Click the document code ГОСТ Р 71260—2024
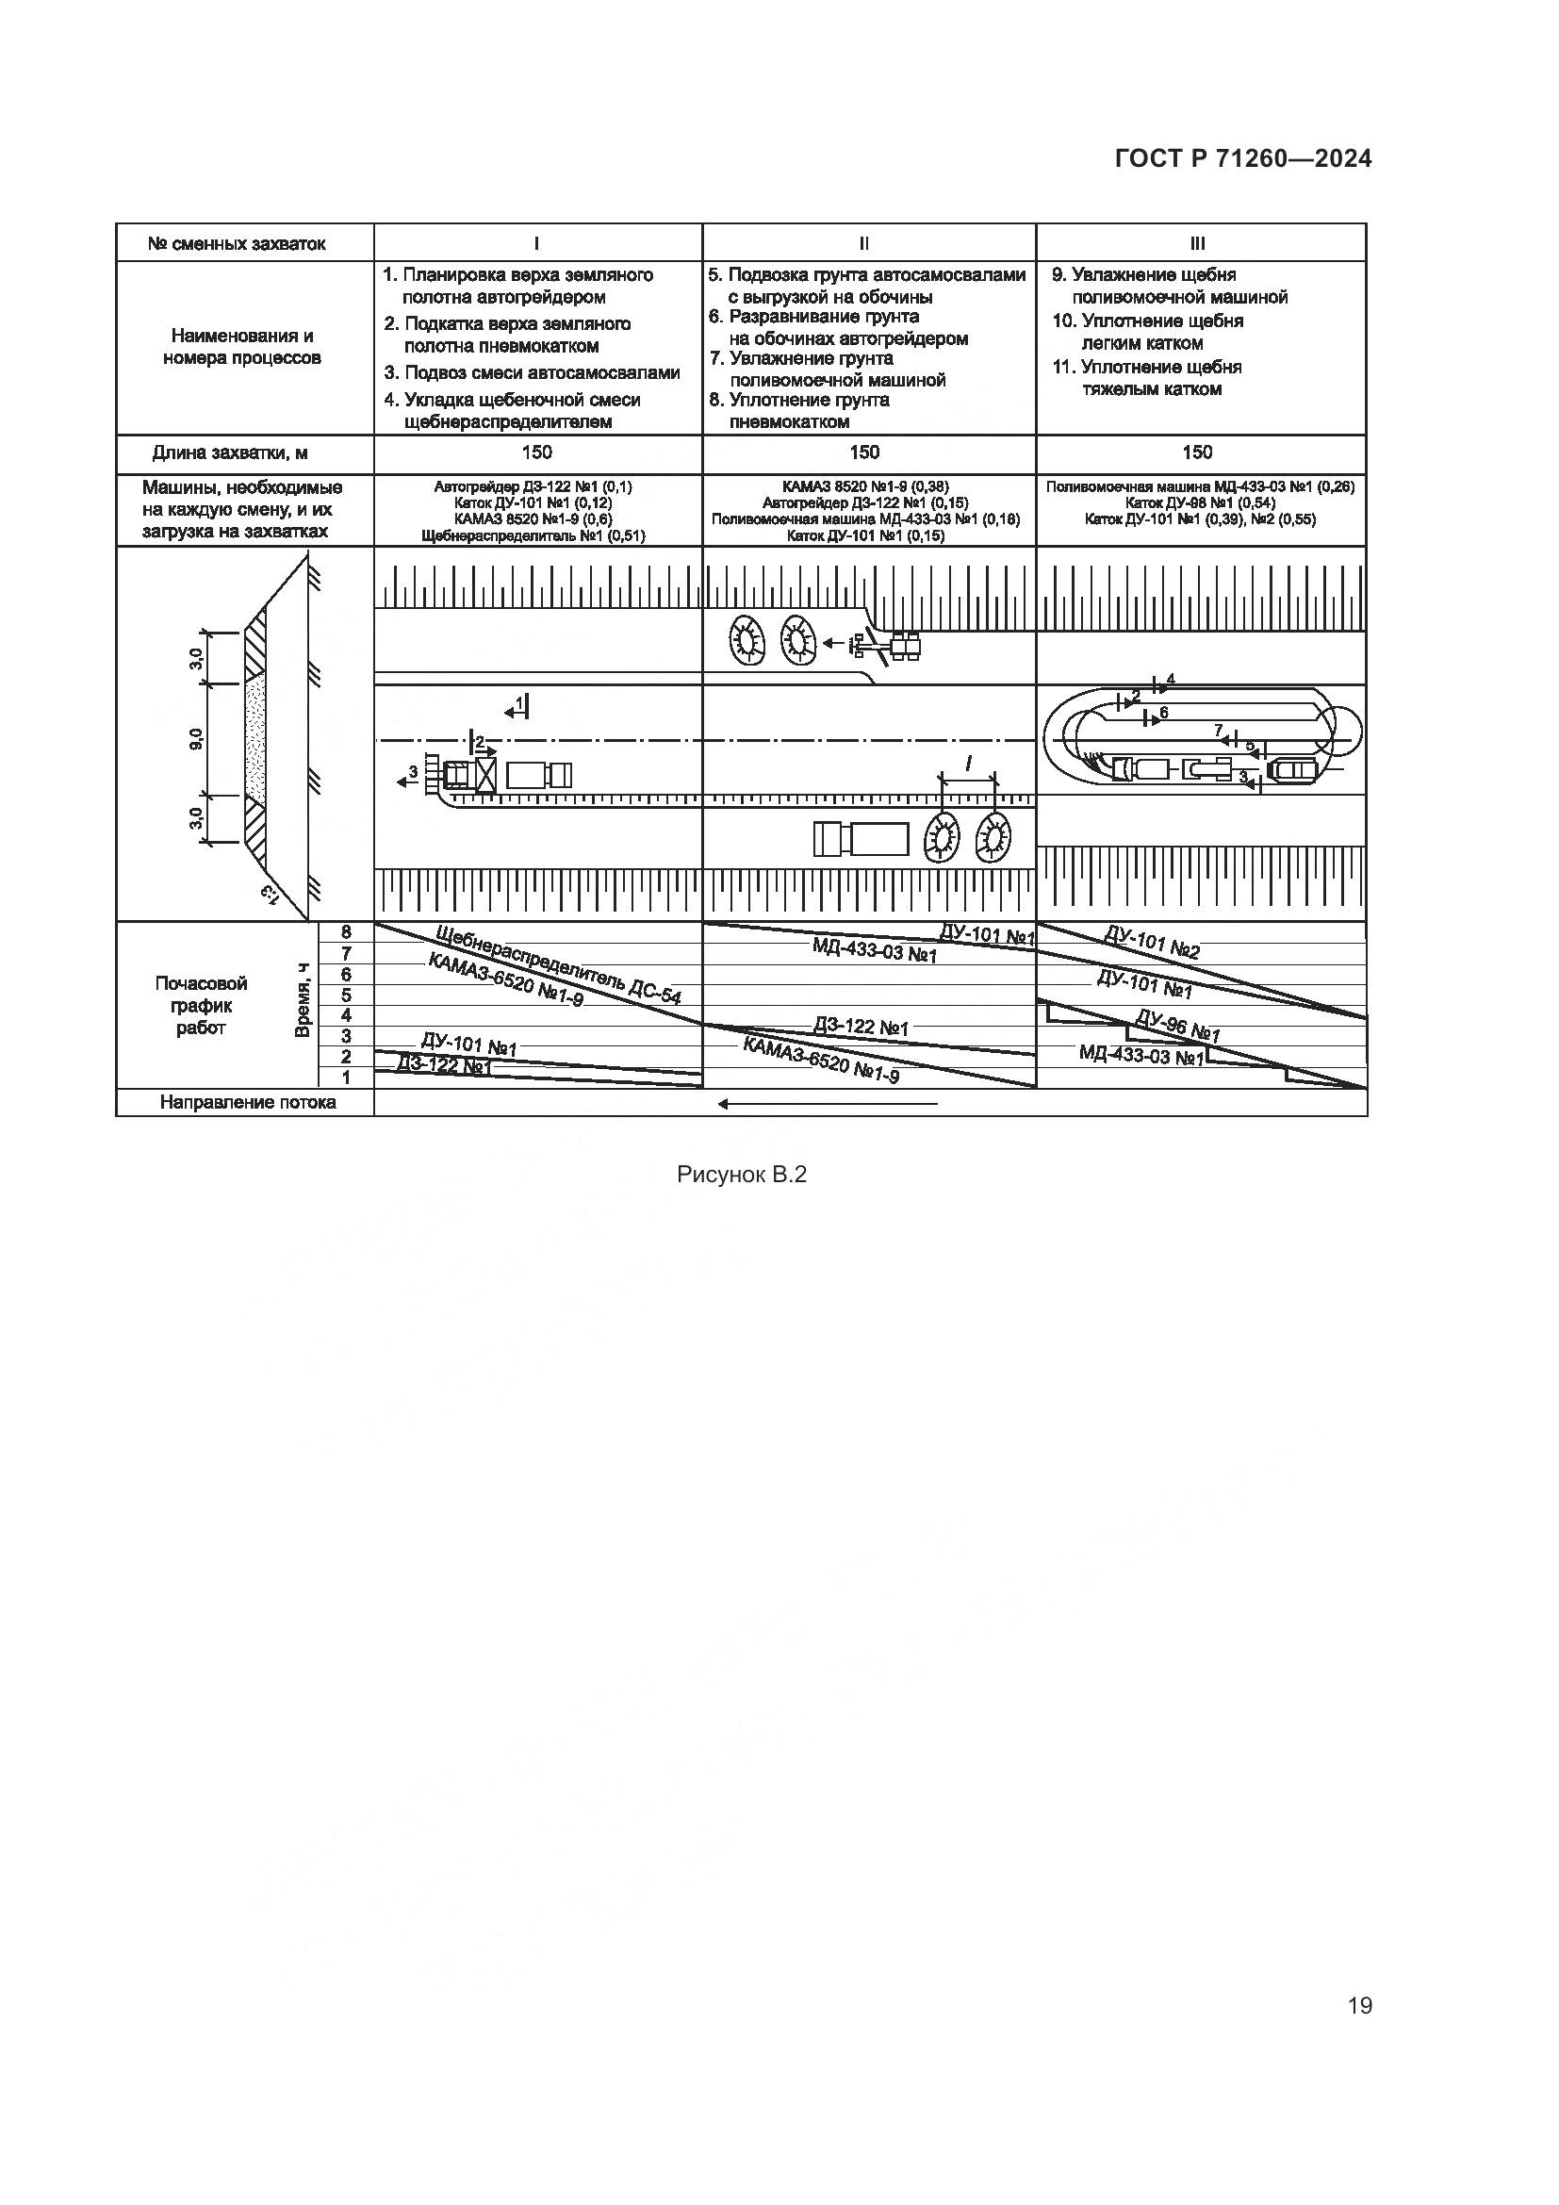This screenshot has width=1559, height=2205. [x=1242, y=158]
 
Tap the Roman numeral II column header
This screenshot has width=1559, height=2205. [x=865, y=244]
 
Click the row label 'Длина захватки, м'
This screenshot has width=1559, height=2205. [x=230, y=453]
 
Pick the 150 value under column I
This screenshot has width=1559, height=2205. [x=536, y=453]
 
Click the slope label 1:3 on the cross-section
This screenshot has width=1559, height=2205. [x=270, y=893]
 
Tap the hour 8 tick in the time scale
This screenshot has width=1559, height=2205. [x=346, y=931]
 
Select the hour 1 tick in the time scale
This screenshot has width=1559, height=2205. [x=346, y=1078]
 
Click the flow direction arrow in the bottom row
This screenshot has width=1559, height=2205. [x=828, y=1104]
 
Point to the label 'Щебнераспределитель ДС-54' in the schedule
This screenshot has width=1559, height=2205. [x=558, y=965]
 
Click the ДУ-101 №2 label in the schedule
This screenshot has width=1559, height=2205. [x=1152, y=943]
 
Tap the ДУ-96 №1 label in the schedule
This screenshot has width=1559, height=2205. [x=1178, y=1026]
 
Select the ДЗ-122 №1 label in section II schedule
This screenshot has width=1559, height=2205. [x=862, y=1027]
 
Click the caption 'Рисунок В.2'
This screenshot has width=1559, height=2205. [x=741, y=1174]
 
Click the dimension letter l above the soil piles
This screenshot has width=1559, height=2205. [x=968, y=765]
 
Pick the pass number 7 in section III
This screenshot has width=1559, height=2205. [x=1218, y=730]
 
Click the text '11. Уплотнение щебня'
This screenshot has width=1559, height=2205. [x=1147, y=367]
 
